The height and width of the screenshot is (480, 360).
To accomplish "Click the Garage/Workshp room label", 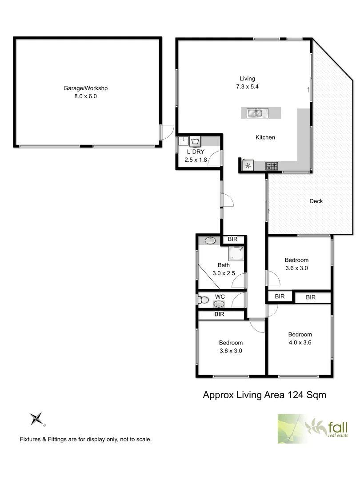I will click(x=86, y=88).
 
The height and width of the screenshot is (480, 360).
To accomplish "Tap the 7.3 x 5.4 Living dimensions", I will click(x=248, y=87).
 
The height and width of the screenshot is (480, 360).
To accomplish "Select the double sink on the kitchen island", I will click(x=255, y=112).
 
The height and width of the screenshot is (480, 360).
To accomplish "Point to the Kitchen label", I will click(x=265, y=137).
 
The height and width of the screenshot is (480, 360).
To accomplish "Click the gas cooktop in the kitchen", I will click(x=272, y=166).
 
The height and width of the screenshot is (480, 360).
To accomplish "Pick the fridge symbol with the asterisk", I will click(x=248, y=166).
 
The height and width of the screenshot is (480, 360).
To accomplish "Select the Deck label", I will click(x=316, y=201).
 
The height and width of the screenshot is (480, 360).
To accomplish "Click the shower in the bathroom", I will click(x=236, y=254).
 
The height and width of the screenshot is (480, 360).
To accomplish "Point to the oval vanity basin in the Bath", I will click(x=210, y=240).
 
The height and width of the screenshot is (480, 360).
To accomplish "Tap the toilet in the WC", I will click(x=204, y=300).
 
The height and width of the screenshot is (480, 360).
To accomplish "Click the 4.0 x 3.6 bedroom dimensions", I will click(x=300, y=342).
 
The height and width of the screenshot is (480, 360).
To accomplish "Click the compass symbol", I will click(x=37, y=419).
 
